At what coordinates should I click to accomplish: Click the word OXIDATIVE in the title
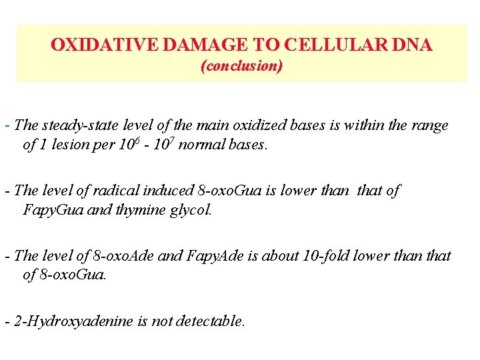click(x=104, y=45)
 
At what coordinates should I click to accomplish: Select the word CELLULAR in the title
click(x=335, y=45)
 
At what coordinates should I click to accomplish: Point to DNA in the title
click(x=413, y=45)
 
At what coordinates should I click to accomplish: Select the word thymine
click(x=141, y=210)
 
